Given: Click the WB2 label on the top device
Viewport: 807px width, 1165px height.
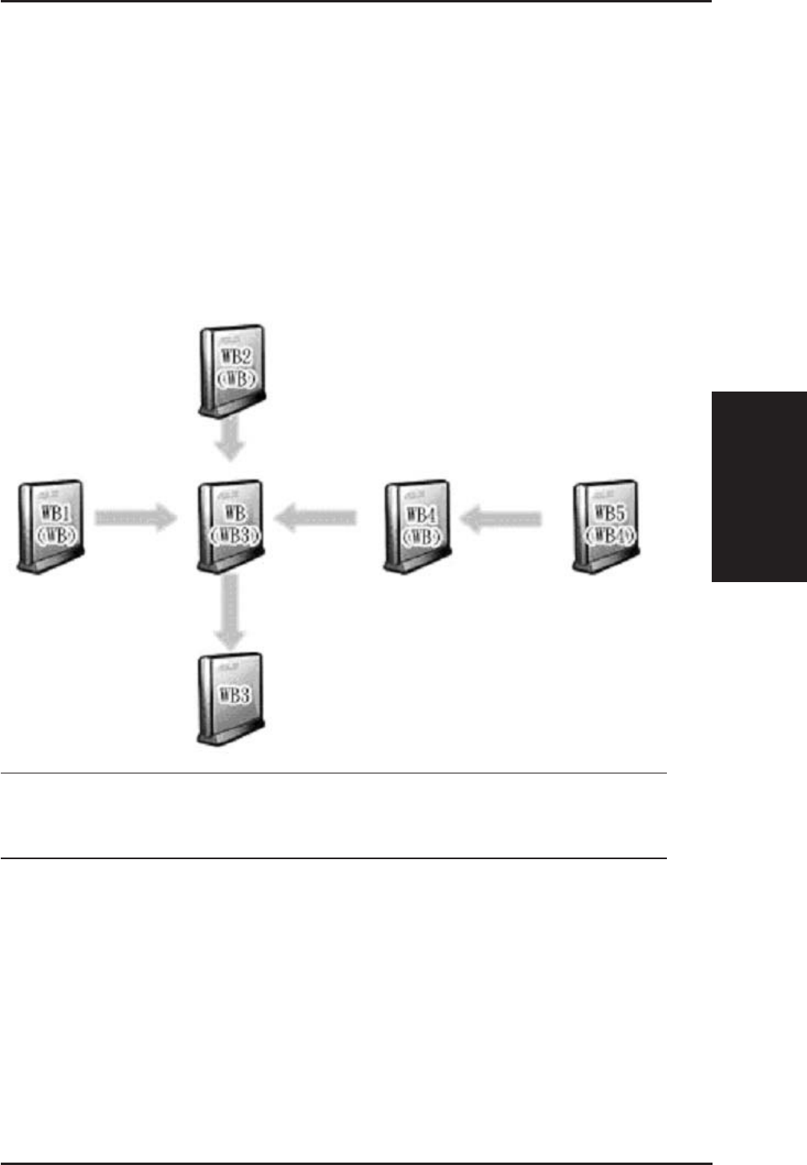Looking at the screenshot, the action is pos(235,356).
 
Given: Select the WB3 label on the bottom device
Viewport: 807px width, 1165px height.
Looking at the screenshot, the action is pos(234,693).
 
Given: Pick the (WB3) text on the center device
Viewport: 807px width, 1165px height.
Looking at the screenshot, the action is pos(234,535).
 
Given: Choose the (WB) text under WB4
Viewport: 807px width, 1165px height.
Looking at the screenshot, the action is pos(421,535).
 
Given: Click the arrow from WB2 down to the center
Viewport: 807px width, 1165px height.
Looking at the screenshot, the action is pos(231,439).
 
